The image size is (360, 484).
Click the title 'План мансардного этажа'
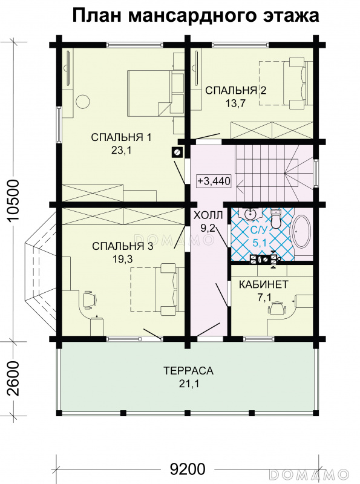coord(195,16)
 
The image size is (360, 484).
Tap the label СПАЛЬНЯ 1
coord(122,137)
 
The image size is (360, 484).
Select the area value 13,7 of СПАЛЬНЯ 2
coord(235,103)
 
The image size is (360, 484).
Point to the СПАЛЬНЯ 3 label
coord(123,246)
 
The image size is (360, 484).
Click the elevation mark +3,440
coord(214,181)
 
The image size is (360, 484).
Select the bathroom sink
coord(251,214)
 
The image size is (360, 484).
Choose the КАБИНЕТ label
coord(264,284)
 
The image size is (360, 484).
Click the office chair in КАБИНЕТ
coord(277,308)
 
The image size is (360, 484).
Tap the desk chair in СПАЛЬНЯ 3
coord(89,298)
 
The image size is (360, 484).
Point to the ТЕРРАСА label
coord(188,370)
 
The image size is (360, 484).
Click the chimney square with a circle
coord(177,152)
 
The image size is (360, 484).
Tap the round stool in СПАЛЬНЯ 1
coord(83,101)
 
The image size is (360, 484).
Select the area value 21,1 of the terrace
coord(188,384)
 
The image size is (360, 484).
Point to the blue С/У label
coord(260,230)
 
